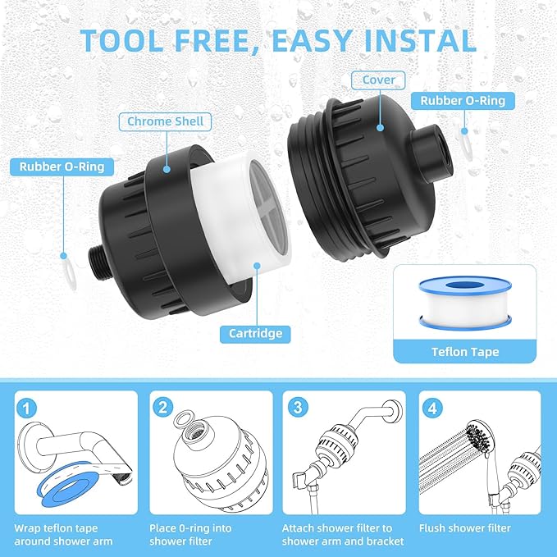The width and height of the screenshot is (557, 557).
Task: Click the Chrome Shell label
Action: click(165, 121)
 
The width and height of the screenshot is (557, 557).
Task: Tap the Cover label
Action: click(378, 80)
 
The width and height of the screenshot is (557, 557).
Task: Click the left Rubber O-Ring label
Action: click(62, 167)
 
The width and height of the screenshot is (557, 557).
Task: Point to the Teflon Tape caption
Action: click(464, 351)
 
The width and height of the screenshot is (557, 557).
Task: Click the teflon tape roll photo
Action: click(464, 302)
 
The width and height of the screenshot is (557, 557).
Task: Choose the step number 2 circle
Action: click(163, 407)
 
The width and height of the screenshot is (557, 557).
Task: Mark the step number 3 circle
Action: click(298, 407)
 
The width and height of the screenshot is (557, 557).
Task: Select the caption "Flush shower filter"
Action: click(464, 528)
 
